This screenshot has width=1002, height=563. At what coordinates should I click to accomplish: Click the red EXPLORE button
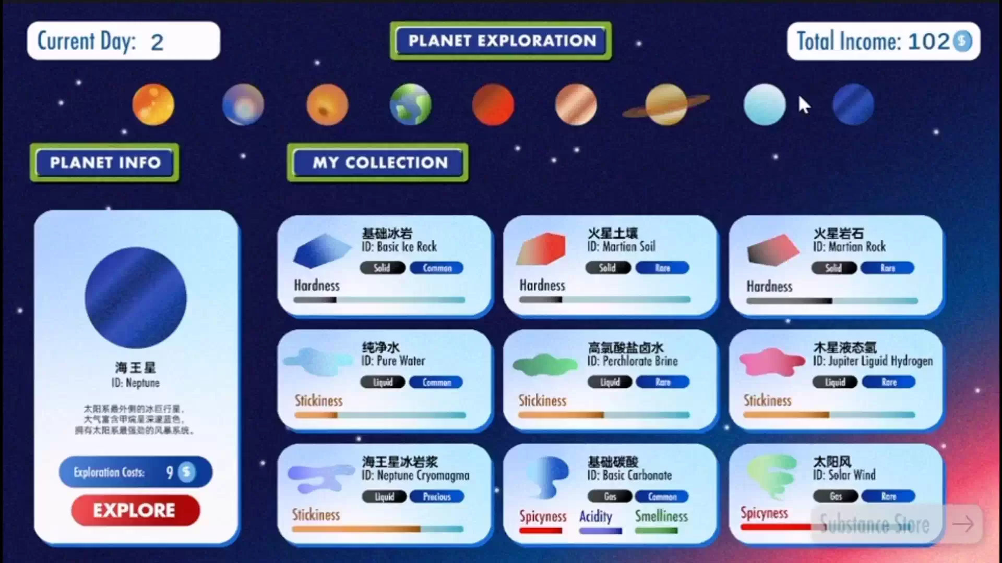(135, 510)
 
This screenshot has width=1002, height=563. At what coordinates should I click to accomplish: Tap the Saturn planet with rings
(666, 104)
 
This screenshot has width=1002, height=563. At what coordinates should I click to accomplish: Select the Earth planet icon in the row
(411, 104)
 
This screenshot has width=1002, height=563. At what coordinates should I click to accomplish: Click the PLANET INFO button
(105, 163)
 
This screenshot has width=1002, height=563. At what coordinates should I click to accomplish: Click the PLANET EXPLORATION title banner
(501, 41)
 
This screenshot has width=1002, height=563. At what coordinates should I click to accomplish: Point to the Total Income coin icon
(962, 41)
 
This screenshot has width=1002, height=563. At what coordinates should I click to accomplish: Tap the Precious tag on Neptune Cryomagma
(437, 497)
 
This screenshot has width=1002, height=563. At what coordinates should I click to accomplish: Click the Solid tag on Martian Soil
(607, 268)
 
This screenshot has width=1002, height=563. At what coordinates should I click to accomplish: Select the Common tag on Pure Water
(436, 382)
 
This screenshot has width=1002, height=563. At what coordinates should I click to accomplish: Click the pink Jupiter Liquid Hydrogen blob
(771, 361)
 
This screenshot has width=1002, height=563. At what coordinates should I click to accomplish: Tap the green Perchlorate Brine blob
(544, 364)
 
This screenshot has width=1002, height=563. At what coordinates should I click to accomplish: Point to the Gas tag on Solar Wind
(835, 496)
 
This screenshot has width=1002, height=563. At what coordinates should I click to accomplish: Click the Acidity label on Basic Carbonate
(595, 516)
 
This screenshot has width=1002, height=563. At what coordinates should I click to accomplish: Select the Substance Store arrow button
(963, 524)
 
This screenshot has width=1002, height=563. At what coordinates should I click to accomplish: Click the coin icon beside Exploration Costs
(186, 472)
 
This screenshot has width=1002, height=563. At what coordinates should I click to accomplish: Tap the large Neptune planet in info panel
(136, 298)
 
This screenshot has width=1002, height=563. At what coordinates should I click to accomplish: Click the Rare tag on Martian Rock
(887, 268)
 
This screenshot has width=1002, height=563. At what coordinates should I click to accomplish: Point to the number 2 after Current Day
(157, 42)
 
